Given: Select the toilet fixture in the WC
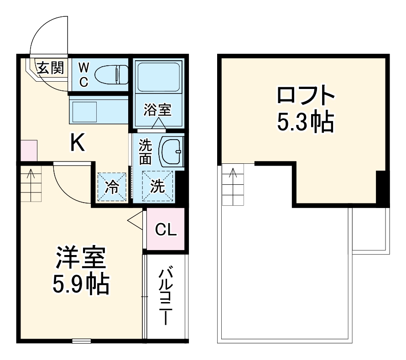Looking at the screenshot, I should point(114,74).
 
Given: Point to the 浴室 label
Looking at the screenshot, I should point(157,110).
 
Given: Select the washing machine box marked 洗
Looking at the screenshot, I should point(157,186).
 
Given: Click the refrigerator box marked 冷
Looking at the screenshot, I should point(112,187).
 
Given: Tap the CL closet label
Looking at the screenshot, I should point(165,230).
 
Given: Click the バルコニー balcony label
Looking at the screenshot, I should point(165,297).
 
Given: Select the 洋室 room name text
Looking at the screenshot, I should point(81,259).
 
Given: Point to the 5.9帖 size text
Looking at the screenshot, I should point(81,284).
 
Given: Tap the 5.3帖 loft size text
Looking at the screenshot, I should point(306,122).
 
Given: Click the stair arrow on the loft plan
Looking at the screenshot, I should point(233,174).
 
